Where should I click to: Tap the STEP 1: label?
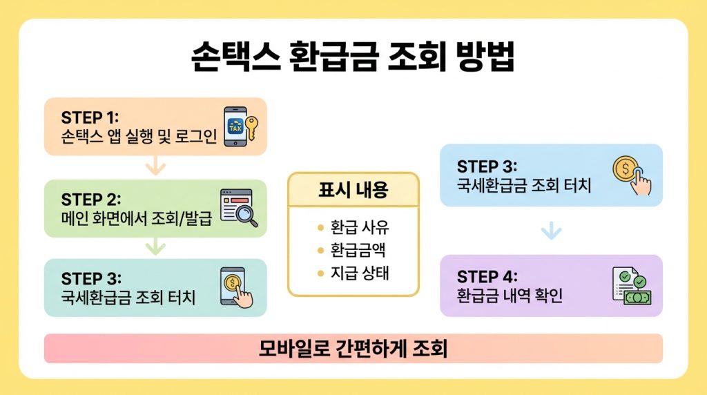[x=90, y=117]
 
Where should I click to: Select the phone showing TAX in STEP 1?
[x=235, y=126]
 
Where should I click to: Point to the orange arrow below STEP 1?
[x=155, y=166]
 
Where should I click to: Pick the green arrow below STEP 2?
[x=155, y=247]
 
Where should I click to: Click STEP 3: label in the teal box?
[x=91, y=278]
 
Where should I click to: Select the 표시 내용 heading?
[x=353, y=190]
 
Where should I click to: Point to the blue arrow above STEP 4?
[x=550, y=231]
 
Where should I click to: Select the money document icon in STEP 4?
[x=631, y=287]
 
